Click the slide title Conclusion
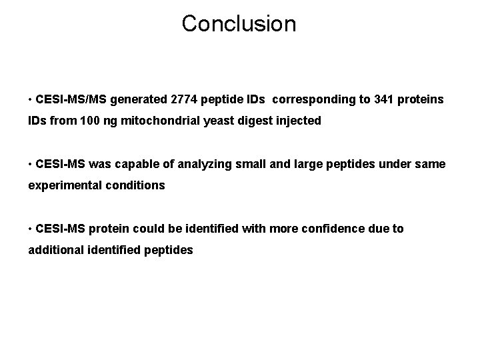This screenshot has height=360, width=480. pyautogui.click(x=239, y=24)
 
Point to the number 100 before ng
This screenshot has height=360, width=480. pyautogui.click(x=75, y=122)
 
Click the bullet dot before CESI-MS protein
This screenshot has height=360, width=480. pyautogui.click(x=31, y=229)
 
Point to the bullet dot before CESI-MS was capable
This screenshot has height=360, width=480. pyautogui.click(x=31, y=164)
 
